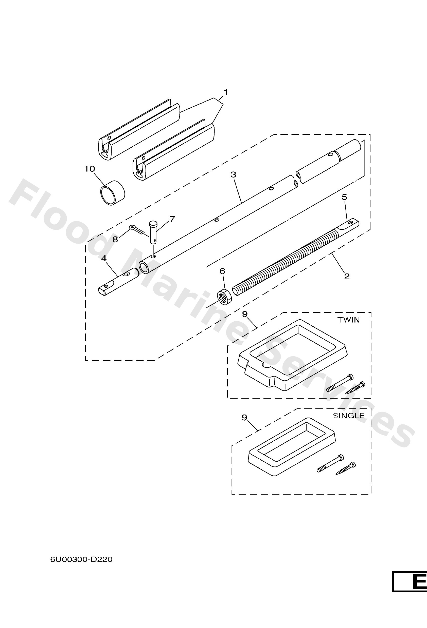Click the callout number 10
click(x=90, y=169)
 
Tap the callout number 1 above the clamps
click(x=225, y=92)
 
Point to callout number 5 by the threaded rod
click(x=344, y=197)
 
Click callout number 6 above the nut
click(x=222, y=271)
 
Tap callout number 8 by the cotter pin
click(x=115, y=239)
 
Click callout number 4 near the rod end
click(x=104, y=258)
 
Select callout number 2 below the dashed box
click(x=347, y=276)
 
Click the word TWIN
click(x=349, y=320)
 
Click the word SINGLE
click(x=349, y=416)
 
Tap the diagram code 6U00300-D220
click(x=81, y=559)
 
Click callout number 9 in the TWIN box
click(x=245, y=314)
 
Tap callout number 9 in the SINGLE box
click(x=244, y=418)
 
